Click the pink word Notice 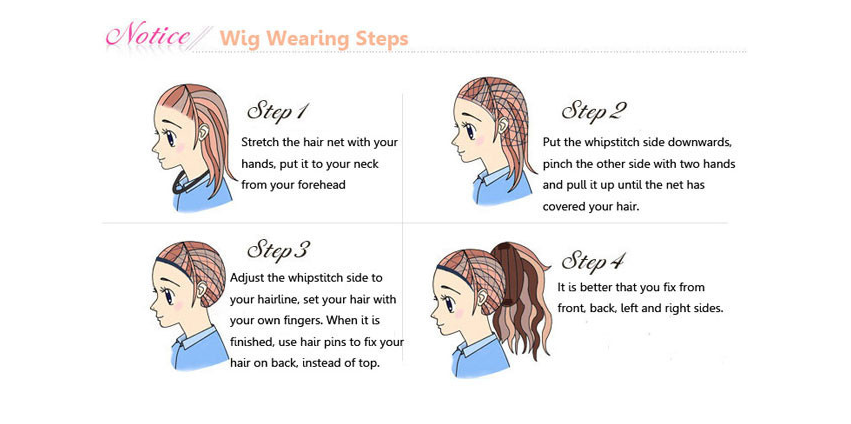[148, 36]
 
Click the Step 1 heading [277, 111]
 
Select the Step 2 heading [593, 111]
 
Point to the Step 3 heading [278, 249]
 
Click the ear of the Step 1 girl [204, 132]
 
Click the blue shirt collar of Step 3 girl [194, 339]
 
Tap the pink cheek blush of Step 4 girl [459, 314]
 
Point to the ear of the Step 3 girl [202, 290]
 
